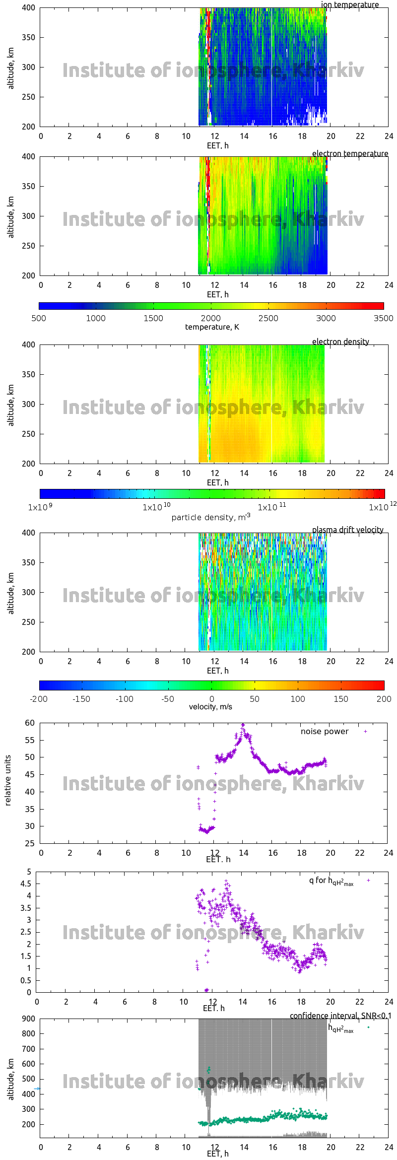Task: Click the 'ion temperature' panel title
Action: pos(349,5)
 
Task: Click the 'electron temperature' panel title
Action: pos(350,154)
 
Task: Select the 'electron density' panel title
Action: pos(340,342)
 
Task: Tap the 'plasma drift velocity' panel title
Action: pos(347,530)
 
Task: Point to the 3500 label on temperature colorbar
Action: pos(383,319)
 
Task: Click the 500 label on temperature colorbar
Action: pos(39,319)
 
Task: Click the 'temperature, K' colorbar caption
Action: pos(212,327)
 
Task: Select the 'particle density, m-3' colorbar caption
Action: pos(211,517)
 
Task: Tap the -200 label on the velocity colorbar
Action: pos(39,699)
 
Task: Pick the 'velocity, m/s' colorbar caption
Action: pos(210,707)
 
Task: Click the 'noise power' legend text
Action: pos(325,732)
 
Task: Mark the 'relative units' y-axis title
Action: pos(8,780)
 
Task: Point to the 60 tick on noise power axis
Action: pos(30,723)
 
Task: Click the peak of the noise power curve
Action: pos(243,725)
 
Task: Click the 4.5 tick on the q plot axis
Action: pos(26,884)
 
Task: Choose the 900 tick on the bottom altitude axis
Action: pos(29,1019)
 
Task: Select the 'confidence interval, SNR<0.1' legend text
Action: pos(340,1016)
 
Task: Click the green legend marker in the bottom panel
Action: pos(368,1027)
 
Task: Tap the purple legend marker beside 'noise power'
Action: pos(366,732)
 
